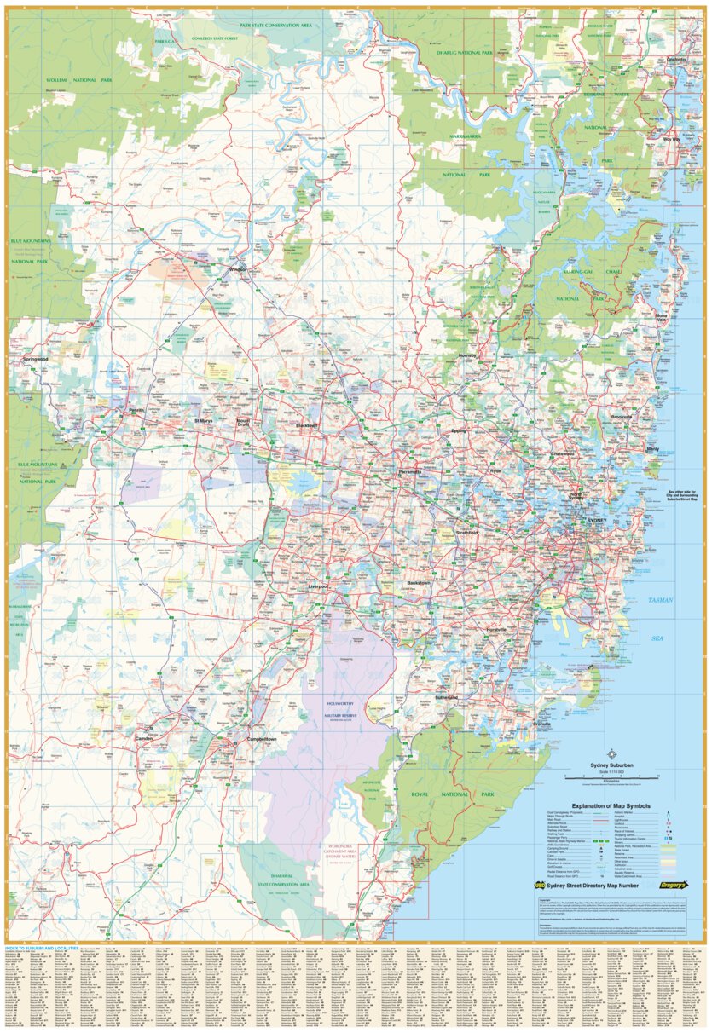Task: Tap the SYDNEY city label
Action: [x=595, y=519]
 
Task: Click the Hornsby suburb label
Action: [x=469, y=354]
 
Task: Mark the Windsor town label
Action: [x=236, y=269]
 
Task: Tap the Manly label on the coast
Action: [x=653, y=448]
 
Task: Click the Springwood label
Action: [x=40, y=360]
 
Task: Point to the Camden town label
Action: [x=145, y=738]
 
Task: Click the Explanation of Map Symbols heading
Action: [x=611, y=805]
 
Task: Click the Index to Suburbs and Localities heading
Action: [x=42, y=947]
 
